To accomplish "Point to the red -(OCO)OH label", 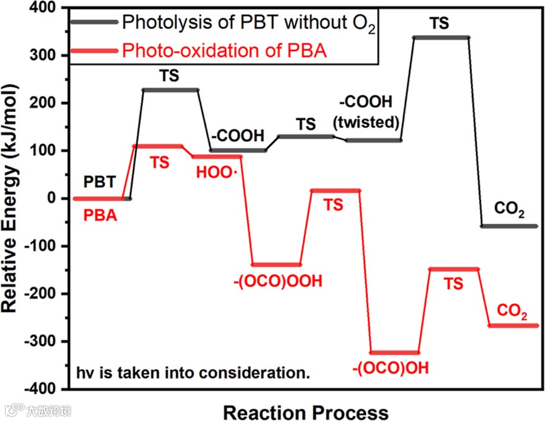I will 394,368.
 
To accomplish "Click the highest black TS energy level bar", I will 441,37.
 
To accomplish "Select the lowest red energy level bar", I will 394,352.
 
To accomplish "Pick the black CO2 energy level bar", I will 509,226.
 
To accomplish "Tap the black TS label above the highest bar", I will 439,24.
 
